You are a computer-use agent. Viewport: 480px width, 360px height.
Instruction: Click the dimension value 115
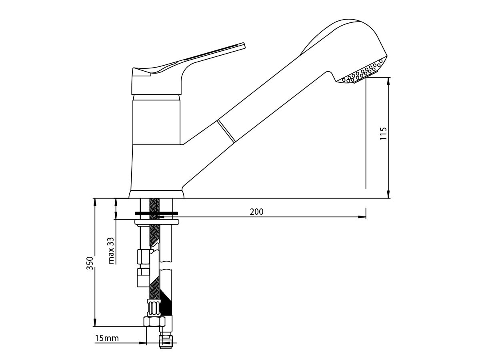[x=384, y=133]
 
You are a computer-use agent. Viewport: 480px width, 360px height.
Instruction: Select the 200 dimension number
[x=256, y=212]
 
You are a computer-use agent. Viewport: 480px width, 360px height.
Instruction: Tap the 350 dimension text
[x=90, y=263]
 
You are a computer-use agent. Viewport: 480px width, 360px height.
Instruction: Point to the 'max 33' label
[x=111, y=251]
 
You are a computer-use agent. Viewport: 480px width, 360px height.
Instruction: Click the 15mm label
[x=107, y=338]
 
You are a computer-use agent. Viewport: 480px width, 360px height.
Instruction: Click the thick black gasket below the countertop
[x=156, y=213]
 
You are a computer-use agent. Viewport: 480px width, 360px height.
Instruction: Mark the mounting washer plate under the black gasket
[x=156, y=222]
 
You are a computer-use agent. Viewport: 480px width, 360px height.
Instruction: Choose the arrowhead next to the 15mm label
[x=142, y=343]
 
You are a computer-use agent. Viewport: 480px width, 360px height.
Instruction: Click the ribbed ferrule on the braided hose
[x=154, y=308]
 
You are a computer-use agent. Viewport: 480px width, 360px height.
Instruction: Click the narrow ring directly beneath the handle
[x=156, y=97]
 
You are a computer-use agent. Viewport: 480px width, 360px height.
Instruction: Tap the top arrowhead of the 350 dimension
[x=95, y=201]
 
